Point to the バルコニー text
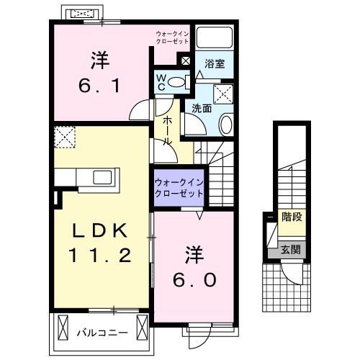tap(102, 333)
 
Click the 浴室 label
tap(215, 64)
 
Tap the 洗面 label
tap(201, 109)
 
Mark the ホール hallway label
tap(166, 132)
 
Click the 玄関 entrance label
tap(290, 250)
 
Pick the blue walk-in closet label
tap(178, 188)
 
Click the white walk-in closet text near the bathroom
tap(173, 37)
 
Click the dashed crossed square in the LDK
tap(65, 135)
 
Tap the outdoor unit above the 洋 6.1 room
tap(81, 13)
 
